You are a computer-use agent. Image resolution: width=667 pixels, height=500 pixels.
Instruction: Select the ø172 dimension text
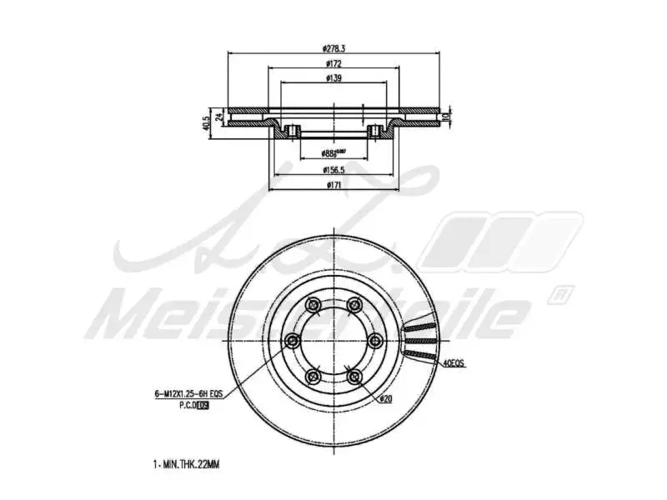coord(334,63)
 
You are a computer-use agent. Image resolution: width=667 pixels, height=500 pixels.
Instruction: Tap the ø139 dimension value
coord(334,78)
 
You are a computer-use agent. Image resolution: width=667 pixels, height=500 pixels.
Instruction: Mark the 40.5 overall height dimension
coord(207,123)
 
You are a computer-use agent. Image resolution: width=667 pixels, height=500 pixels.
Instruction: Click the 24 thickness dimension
coord(219,117)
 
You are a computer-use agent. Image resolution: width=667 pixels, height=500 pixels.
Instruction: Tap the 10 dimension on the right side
coord(447,114)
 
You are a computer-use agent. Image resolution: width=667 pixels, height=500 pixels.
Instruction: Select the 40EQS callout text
coord(454,363)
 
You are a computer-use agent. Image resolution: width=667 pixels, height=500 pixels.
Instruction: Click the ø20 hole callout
coord(385,400)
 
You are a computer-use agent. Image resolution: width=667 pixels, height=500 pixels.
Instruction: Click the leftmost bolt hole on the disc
coord(293,340)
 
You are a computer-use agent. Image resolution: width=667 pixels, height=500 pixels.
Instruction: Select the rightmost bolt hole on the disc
coord(374,340)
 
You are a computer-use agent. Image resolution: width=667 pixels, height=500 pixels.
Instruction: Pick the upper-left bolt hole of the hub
coord(313,304)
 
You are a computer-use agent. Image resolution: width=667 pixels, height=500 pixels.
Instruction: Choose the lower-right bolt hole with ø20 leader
coord(354,376)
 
